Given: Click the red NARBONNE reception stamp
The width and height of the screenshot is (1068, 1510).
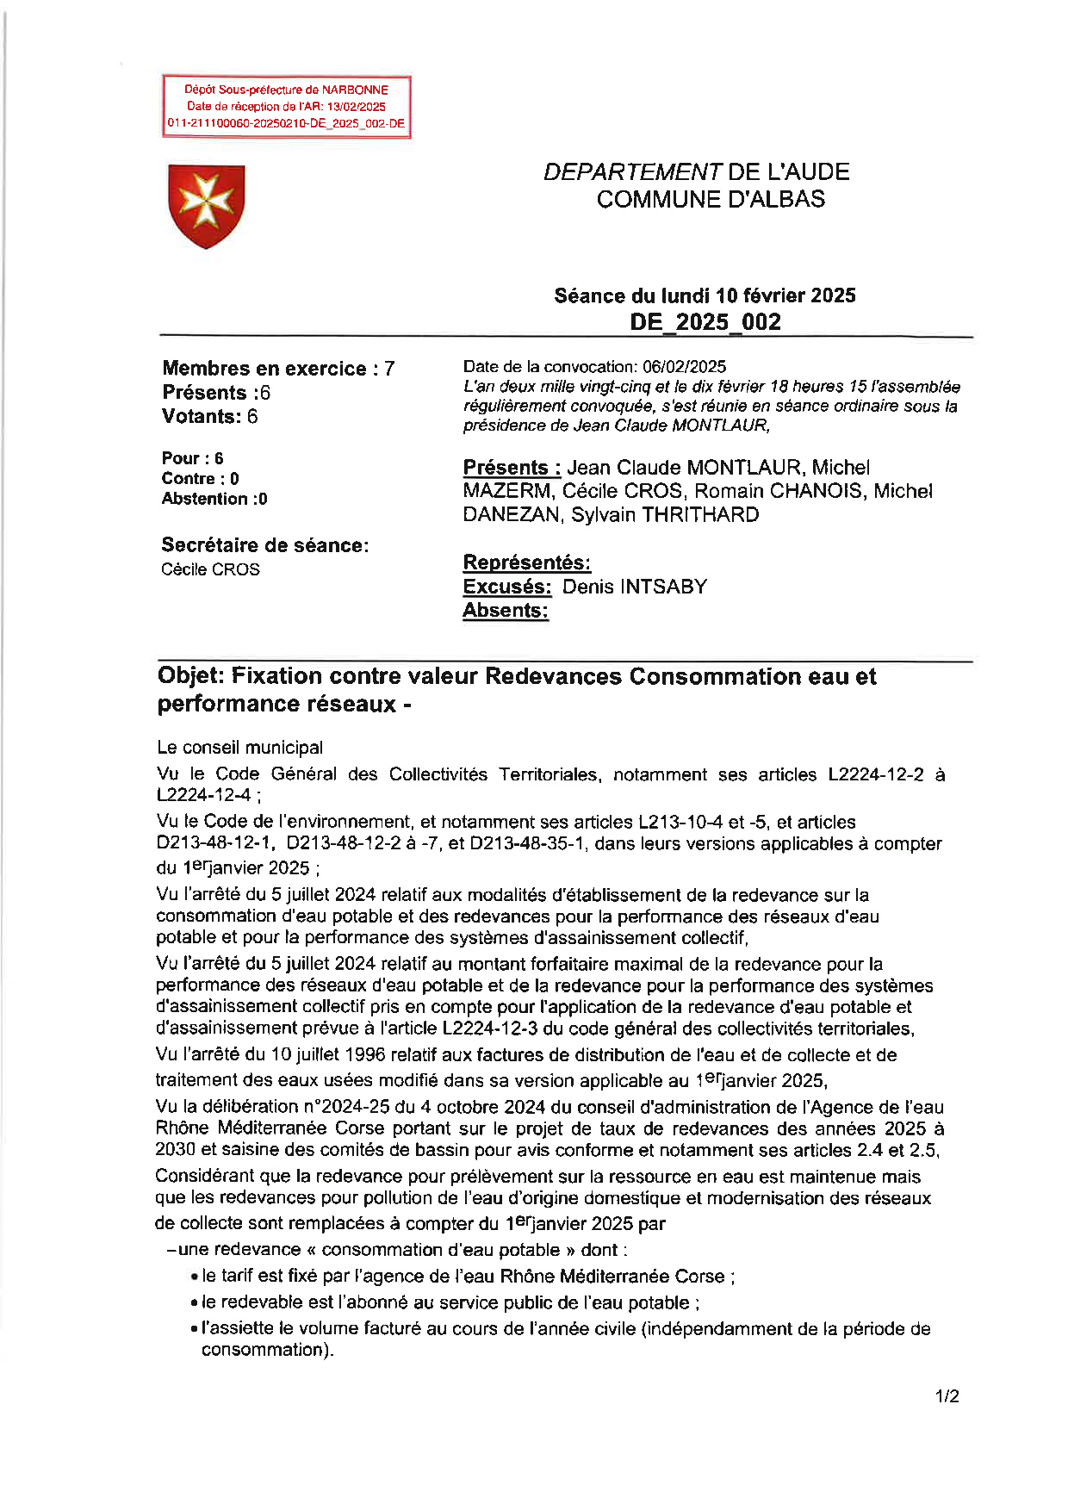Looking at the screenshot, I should click(286, 106).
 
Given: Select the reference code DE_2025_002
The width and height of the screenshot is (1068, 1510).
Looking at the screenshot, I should click(705, 322).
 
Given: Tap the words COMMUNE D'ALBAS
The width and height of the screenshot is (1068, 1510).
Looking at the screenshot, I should click(711, 199).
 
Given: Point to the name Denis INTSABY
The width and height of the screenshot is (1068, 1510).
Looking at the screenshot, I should click(635, 587).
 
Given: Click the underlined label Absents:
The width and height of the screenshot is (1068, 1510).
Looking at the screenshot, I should click(506, 611).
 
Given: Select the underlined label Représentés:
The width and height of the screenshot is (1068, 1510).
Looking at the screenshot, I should click(526, 562).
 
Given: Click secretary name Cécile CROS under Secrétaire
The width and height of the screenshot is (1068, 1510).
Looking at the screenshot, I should click(210, 569).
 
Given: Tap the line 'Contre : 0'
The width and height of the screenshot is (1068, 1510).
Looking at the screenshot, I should click(200, 479).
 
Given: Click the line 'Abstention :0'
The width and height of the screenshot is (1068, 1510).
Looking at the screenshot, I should click(214, 499).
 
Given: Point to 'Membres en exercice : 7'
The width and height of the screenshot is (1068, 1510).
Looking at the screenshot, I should click(278, 369).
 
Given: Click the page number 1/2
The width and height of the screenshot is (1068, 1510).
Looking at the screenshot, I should click(947, 1396).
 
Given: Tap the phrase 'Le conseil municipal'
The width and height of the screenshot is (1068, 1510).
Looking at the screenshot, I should click(240, 748).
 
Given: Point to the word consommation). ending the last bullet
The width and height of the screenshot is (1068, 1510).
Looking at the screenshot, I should click(267, 1350).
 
